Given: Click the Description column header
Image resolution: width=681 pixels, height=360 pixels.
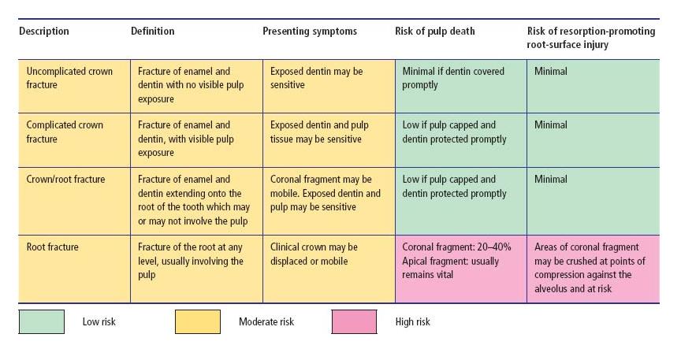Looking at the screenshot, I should coord(44,32).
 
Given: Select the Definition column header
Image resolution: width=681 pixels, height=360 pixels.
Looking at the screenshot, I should coord(153,32).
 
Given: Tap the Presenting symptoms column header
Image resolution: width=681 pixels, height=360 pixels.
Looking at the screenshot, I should coord(310,32).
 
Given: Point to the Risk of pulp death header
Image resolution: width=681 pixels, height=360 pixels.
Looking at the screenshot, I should coord(435,32).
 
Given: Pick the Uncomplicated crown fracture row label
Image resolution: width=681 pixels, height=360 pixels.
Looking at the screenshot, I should coord(69,77).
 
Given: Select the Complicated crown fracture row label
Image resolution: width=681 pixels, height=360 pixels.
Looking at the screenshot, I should coord(65,132).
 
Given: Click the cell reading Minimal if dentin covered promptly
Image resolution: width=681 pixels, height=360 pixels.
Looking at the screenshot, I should coord(453,77).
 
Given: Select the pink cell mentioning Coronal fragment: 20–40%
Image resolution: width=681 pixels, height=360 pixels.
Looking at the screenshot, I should coord(456,260).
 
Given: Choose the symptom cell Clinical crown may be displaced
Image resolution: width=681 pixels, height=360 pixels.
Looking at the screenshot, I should coord(314,254).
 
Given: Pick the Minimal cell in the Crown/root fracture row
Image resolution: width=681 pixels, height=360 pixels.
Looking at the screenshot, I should coord(550,179).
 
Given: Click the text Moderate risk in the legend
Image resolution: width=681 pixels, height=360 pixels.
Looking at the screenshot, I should coord(266,321).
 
